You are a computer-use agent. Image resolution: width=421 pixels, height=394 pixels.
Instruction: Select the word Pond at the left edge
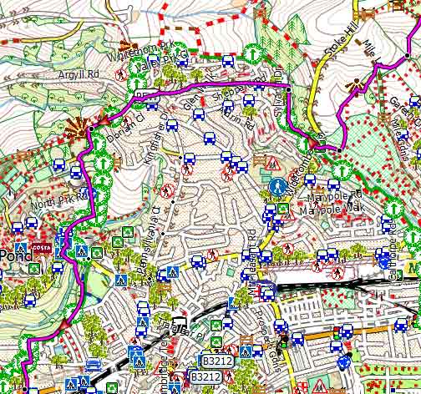click(x=13, y=253)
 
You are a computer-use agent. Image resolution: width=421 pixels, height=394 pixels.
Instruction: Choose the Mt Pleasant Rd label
click(x=252, y=243)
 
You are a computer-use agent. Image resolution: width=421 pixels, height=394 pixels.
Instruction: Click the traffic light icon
click(x=284, y=341)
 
